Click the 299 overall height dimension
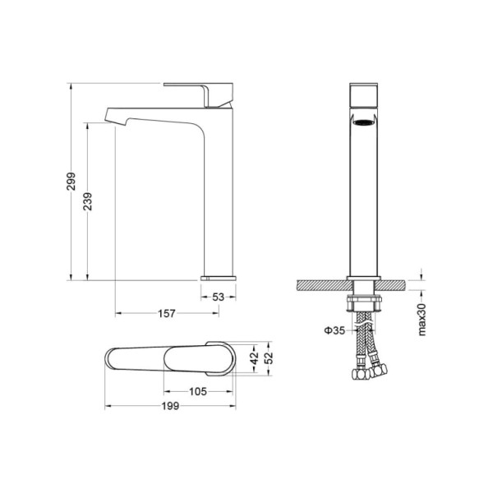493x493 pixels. (71, 181)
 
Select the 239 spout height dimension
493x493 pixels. (88, 201)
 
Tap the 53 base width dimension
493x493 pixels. (219, 297)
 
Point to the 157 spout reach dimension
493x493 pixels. (167, 313)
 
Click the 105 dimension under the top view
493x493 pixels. (198, 391)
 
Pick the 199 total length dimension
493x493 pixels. (170, 406)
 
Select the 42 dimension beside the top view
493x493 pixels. (255, 358)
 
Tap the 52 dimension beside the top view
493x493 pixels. (269, 358)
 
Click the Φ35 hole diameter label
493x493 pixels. (334, 330)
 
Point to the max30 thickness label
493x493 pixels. (422, 320)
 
